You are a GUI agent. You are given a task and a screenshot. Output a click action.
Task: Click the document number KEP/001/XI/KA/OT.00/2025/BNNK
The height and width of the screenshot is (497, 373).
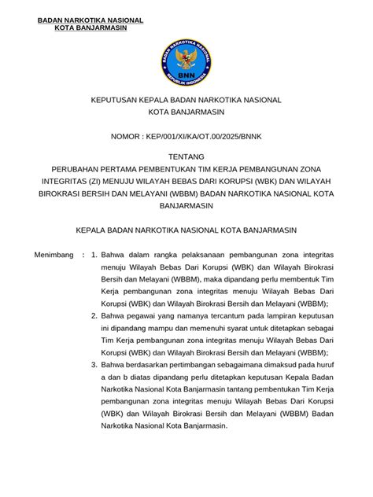tap(209, 137)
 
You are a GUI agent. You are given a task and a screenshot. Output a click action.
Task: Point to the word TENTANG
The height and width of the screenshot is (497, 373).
tap(186, 156)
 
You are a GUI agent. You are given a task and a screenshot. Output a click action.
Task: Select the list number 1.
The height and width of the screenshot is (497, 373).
tap(94, 256)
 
